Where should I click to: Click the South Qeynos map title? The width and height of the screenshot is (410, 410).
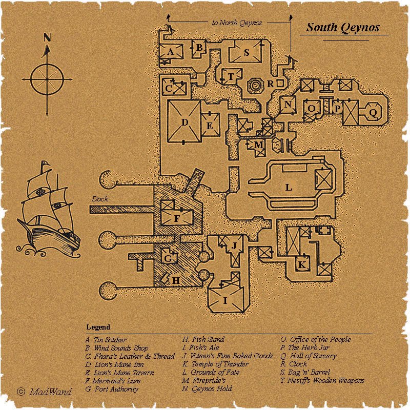point(343,28)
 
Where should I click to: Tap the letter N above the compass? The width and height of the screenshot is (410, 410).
point(47,37)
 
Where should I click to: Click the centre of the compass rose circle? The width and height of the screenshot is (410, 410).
point(47,79)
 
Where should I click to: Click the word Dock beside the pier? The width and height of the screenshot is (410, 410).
point(100,199)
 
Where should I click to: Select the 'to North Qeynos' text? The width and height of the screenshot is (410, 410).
point(237,23)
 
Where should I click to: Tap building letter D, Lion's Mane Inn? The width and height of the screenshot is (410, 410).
point(185,122)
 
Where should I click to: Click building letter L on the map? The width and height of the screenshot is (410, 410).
point(289,187)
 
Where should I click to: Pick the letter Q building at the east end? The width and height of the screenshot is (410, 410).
point(373,113)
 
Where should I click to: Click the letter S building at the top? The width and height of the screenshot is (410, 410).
point(247,53)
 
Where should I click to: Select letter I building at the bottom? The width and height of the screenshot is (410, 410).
point(225,301)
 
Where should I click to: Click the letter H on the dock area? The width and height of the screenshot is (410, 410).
point(176,280)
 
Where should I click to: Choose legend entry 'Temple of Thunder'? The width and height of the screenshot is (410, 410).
point(215,364)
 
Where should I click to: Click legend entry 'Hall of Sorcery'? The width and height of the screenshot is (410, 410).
point(309,356)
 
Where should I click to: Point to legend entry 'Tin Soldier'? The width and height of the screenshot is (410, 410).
point(106,340)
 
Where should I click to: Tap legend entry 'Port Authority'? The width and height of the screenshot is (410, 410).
point(112,389)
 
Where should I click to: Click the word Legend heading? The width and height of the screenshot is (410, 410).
point(98,327)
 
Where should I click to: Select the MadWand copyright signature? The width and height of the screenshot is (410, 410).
point(44,392)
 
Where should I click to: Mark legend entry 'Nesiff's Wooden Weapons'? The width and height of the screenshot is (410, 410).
point(322,380)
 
